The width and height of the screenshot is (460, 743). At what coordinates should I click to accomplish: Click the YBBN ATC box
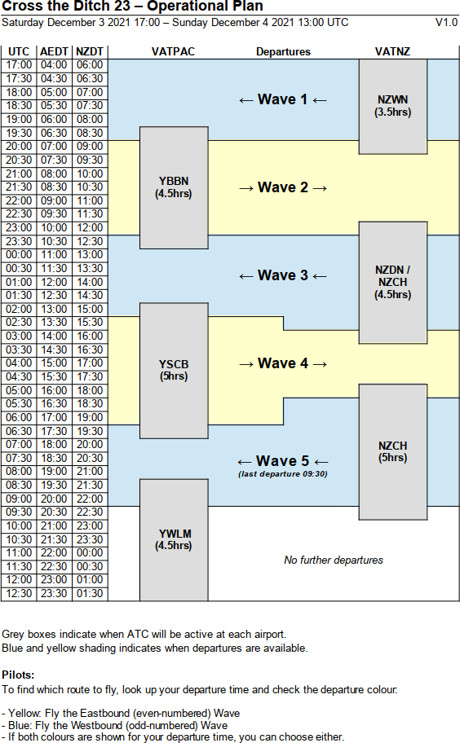tap(174, 187)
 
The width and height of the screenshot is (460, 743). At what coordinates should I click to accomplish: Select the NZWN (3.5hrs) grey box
tap(392, 106)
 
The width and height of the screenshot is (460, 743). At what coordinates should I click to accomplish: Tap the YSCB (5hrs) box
tap(174, 371)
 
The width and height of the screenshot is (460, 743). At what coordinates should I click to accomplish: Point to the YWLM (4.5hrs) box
tap(174, 539)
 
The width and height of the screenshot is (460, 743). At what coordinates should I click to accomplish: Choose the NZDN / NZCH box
tap(392, 283)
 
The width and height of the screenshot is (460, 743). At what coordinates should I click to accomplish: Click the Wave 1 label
tap(283, 99)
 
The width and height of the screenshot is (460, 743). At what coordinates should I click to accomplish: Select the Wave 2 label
tap(283, 187)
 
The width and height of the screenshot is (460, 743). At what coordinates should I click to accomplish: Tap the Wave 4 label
tap(283, 363)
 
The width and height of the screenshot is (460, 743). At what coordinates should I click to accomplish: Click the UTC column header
tap(19, 51)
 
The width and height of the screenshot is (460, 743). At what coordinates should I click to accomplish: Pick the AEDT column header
tap(55, 51)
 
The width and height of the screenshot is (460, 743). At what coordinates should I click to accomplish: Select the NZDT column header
tap(90, 51)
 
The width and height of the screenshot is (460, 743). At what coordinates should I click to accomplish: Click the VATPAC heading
tap(173, 51)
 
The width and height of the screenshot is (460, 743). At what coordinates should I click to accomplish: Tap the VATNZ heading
tap(392, 51)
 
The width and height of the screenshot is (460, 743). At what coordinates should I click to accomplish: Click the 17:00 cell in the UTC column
tap(19, 65)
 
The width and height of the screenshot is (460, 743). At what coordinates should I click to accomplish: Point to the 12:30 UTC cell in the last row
tap(19, 594)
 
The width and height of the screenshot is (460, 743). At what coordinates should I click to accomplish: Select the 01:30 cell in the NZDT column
tap(90, 594)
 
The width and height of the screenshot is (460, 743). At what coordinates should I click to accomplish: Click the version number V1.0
tap(446, 22)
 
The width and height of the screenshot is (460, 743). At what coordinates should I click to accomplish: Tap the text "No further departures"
tap(334, 560)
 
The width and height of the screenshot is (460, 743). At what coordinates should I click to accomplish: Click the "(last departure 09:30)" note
tap(283, 474)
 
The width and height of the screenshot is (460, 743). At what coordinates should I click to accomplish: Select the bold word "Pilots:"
tap(18, 675)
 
